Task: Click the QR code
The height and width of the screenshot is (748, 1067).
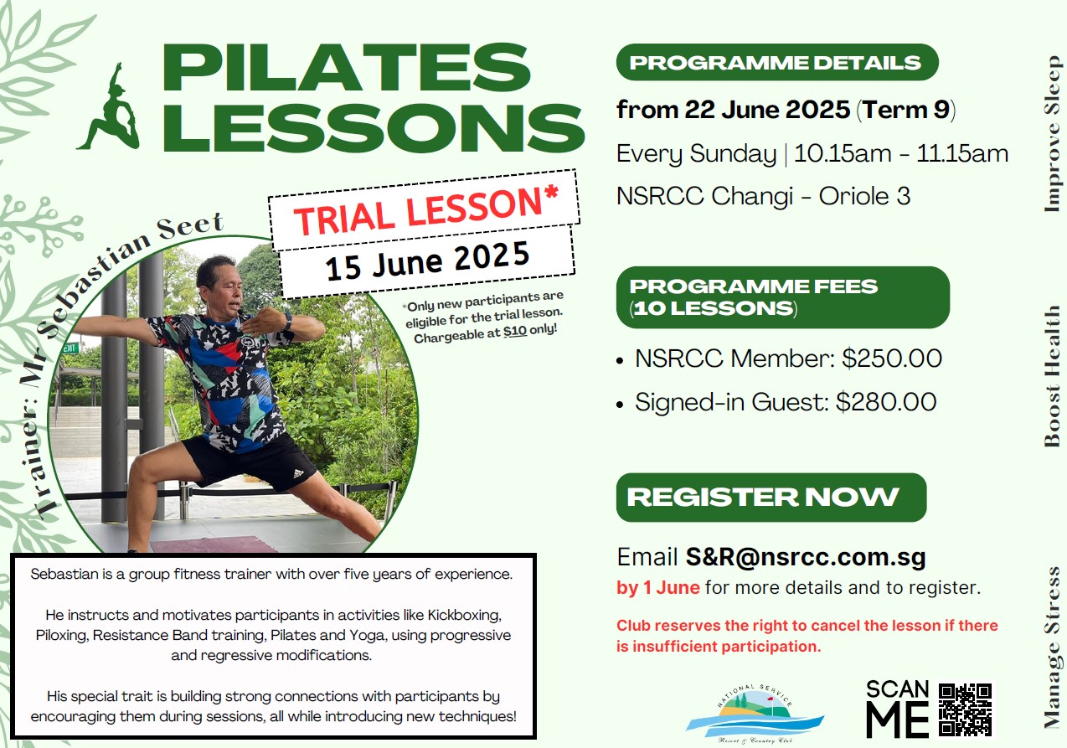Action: point(965,709)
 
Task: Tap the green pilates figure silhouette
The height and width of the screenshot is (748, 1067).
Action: point(109,106)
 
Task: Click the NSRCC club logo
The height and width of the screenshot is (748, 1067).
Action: point(755,713)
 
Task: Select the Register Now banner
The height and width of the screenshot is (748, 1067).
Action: point(771,497)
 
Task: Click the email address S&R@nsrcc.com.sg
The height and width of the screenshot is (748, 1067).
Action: point(806,556)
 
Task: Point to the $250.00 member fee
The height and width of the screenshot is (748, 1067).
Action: point(892,359)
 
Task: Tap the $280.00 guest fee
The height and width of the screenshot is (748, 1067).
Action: point(886,401)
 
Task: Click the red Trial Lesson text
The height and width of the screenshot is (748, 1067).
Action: point(425,210)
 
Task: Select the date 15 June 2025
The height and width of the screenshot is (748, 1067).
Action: point(427,261)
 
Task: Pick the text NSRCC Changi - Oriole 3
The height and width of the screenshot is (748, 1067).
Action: point(763,196)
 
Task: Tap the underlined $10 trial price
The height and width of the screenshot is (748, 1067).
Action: point(515,331)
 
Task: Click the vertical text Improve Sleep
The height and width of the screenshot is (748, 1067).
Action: point(1052,134)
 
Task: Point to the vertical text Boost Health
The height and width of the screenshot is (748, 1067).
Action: point(1052,376)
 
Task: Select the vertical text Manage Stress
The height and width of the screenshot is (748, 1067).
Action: point(1052,647)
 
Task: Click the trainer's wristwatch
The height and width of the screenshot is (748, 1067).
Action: point(287,320)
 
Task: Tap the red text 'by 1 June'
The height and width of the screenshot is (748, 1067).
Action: point(657,587)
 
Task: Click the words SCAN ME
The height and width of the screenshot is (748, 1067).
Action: point(898,709)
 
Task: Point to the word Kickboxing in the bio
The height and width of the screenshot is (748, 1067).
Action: point(465,615)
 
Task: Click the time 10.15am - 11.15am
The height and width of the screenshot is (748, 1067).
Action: point(901,154)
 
